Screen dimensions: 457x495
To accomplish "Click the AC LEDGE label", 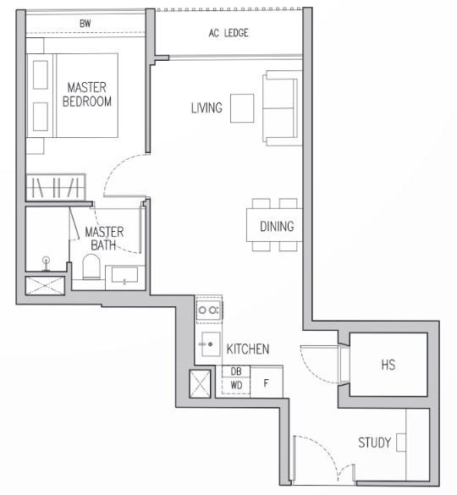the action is tap(228, 33).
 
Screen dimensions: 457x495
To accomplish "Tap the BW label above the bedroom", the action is tap(85, 23).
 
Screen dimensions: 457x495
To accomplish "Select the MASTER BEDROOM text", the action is tap(87, 95).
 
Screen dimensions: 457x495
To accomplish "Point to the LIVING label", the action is tap(206, 108).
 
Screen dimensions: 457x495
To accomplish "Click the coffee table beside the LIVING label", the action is tap(242, 108).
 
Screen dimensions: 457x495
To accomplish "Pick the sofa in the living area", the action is tap(282, 108).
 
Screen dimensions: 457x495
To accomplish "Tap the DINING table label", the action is tap(277, 227).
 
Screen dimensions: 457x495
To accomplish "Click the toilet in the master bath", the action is tap(91, 267).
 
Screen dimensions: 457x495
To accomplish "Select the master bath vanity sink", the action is tap(124, 275).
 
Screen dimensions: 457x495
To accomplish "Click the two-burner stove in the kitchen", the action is tap(209, 310).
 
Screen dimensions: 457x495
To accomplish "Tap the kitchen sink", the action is tap(211, 344).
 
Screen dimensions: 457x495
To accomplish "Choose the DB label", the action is tap(236, 371).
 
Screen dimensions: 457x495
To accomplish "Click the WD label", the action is tap(236, 386).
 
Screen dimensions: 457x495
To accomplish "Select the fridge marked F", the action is tap(267, 382).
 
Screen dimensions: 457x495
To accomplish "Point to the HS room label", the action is tap(388, 365).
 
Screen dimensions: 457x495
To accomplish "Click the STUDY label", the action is tap(374, 443).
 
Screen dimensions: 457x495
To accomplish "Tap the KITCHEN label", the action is tap(248, 349).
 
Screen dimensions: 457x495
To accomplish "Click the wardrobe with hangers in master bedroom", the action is tap(56, 187).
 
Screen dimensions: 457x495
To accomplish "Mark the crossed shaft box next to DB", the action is tap(200, 384).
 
